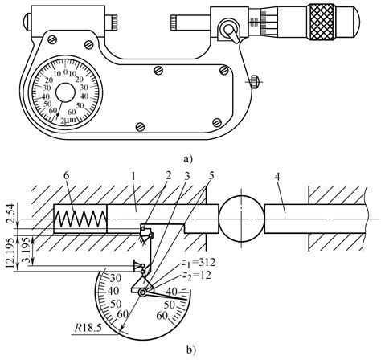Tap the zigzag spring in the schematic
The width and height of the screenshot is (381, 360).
coord(79,219)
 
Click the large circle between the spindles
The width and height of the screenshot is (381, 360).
coord(240,219)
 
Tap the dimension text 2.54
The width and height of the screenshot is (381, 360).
coord(10,216)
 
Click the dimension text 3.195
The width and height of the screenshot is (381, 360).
coord(28,243)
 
